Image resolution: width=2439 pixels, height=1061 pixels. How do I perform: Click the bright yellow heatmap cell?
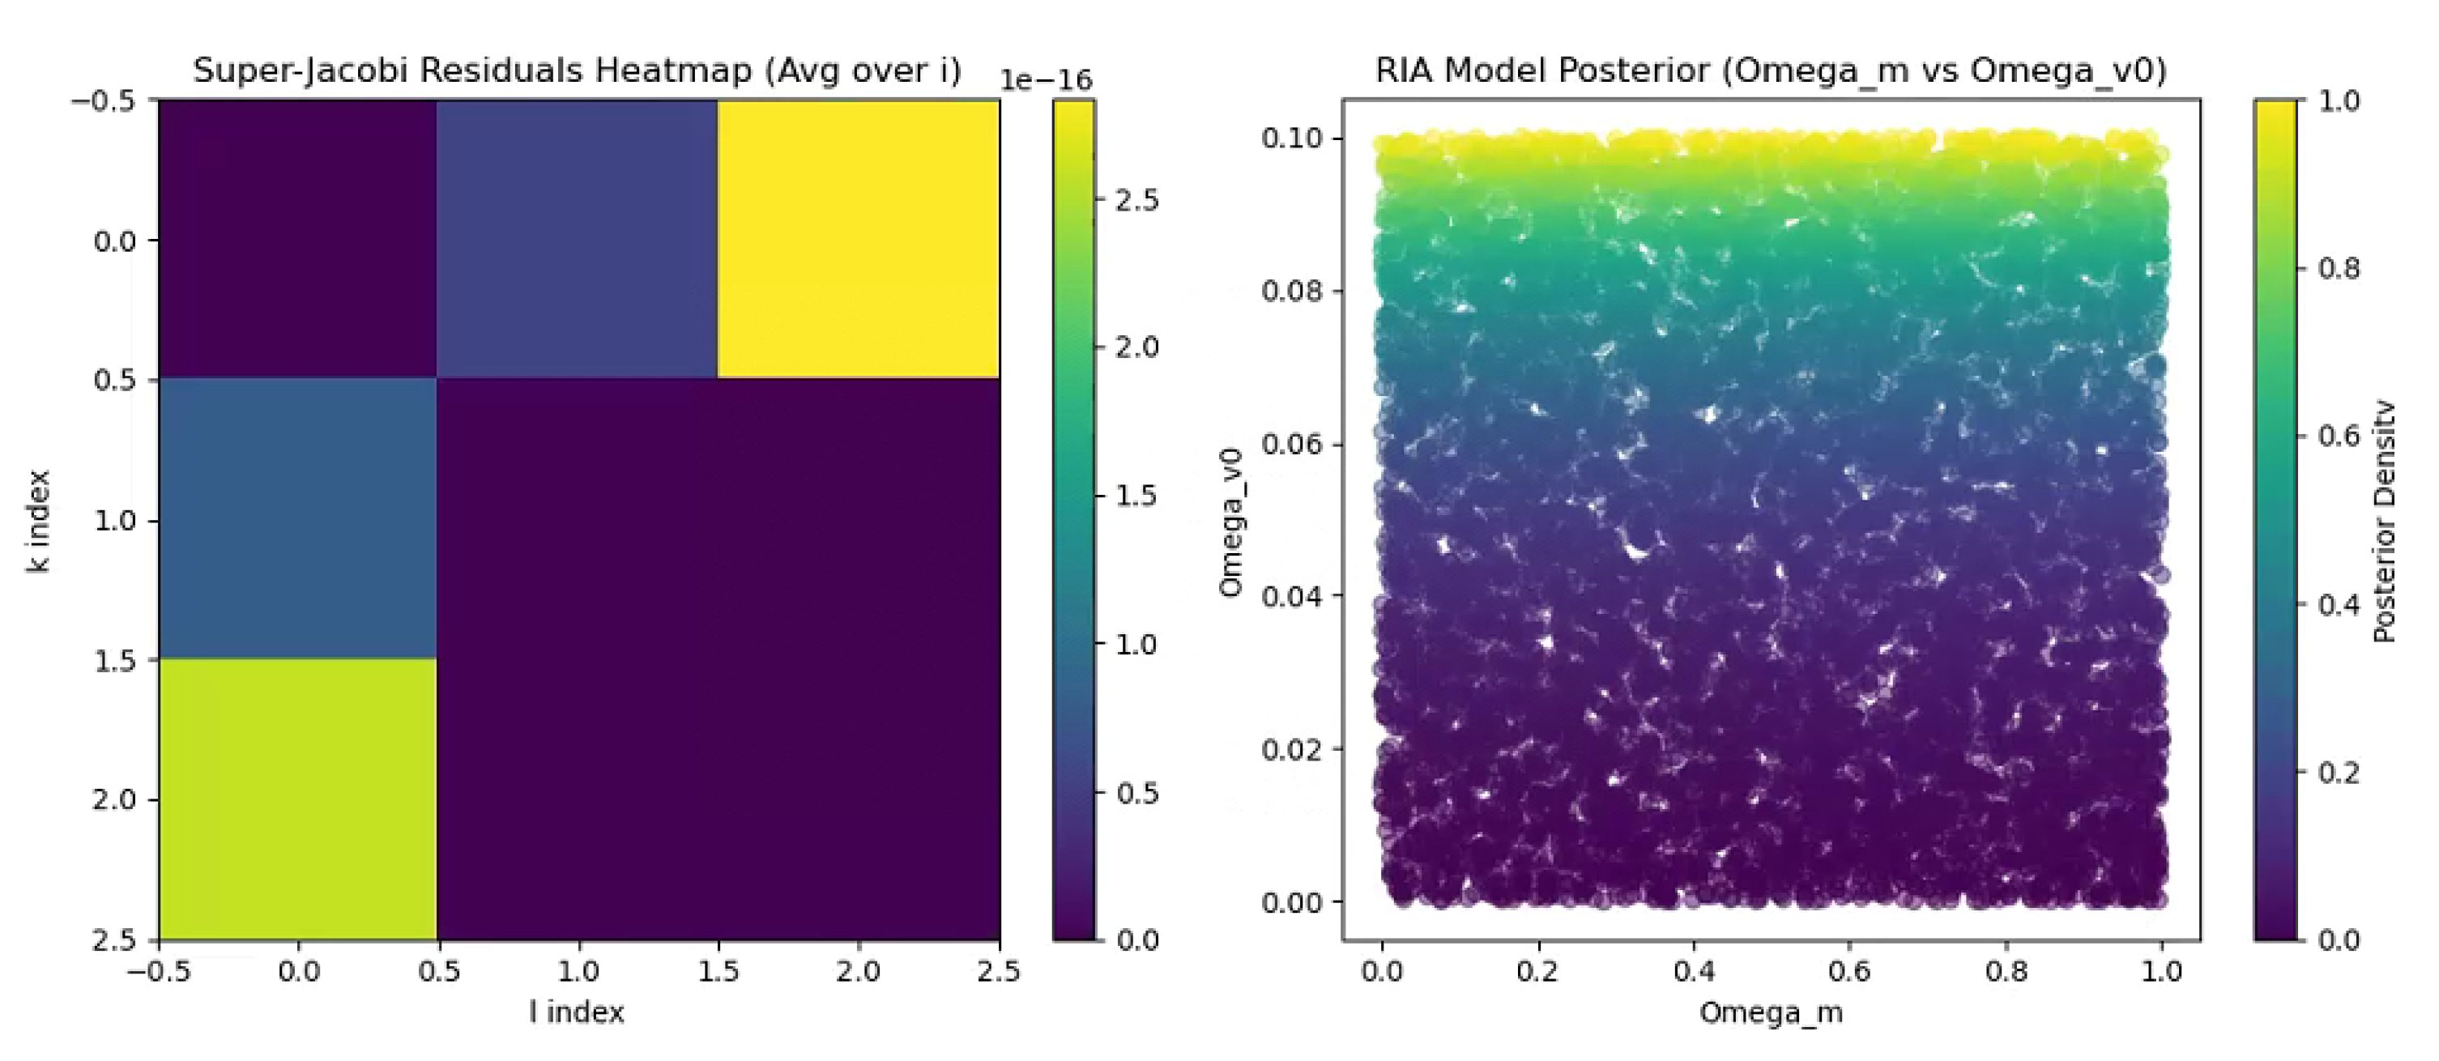pyautogui.click(x=858, y=238)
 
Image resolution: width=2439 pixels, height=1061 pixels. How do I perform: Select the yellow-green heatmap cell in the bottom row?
pyautogui.click(x=297, y=798)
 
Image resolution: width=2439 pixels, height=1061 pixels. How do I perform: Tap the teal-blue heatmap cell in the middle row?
pyautogui.click(x=297, y=518)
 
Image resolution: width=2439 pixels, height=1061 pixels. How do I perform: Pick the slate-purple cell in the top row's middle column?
pyautogui.click(x=577, y=238)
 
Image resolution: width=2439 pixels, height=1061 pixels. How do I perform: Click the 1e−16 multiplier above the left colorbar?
pyautogui.click(x=1045, y=81)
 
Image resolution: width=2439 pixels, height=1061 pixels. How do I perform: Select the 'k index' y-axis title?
pyautogui.click(x=38, y=521)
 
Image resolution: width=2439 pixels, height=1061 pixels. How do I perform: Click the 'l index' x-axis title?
pyautogui.click(x=577, y=1012)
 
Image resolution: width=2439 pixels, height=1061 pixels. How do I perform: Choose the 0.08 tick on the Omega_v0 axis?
pyautogui.click(x=1290, y=291)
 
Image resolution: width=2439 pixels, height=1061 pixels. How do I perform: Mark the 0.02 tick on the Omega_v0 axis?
pyautogui.click(x=1290, y=750)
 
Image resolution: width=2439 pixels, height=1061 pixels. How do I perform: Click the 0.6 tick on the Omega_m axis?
pyautogui.click(x=1848, y=971)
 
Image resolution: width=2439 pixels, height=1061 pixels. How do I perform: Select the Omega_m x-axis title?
pyautogui.click(x=1771, y=1012)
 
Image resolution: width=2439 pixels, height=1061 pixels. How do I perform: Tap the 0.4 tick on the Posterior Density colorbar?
pyautogui.click(x=2338, y=604)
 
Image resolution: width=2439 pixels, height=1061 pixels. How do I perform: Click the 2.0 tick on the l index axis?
pyautogui.click(x=858, y=971)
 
